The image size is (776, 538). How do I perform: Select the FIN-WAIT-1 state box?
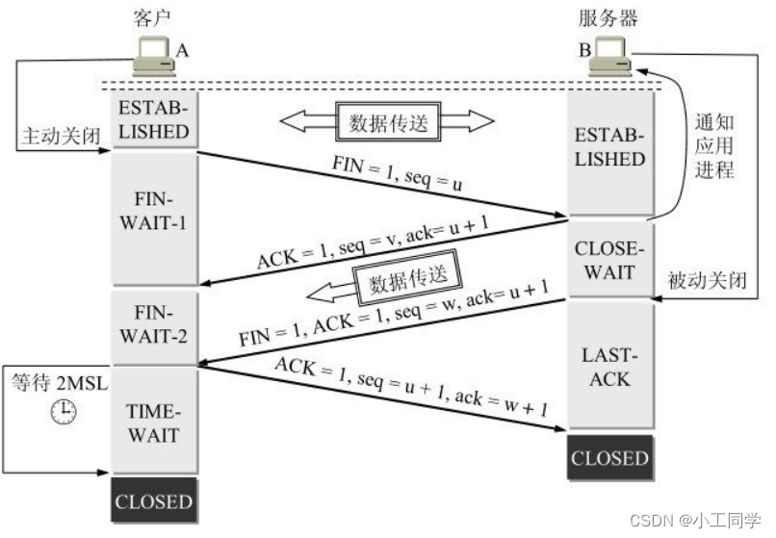click(x=155, y=216)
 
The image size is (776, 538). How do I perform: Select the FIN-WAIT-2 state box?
click(x=155, y=323)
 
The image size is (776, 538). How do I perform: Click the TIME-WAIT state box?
click(x=155, y=422)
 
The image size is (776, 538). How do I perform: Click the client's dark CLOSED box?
click(x=155, y=500)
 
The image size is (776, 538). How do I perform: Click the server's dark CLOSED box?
click(x=609, y=458)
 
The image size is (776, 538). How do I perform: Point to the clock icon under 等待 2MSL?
click(x=63, y=412)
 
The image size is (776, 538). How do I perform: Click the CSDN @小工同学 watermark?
click(x=708, y=521)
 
